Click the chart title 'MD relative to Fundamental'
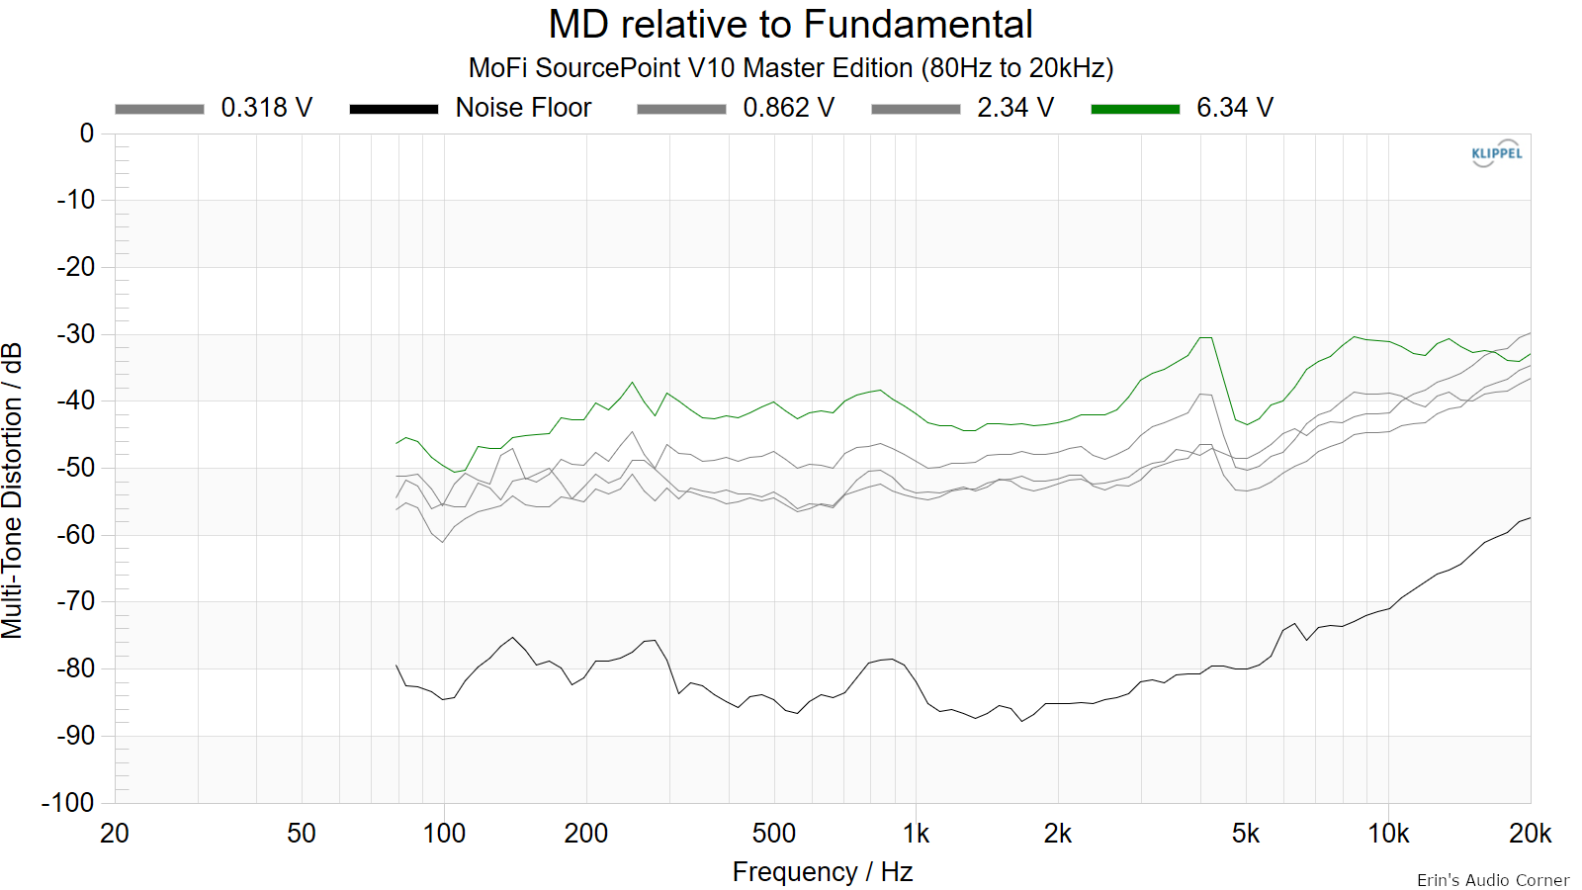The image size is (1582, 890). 790,24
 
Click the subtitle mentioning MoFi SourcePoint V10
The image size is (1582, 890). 790,68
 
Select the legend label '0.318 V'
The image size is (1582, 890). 266,108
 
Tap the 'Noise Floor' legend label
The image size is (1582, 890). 523,108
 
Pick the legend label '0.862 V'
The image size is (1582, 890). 788,108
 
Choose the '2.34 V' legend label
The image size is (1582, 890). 1014,108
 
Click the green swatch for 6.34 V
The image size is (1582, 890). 1135,109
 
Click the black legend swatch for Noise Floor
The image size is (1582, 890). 395,109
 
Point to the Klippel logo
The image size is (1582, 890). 1496,153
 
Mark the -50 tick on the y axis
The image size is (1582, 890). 75,468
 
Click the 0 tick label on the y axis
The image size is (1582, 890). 87,133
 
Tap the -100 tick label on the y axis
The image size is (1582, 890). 68,802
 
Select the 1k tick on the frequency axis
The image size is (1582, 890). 916,834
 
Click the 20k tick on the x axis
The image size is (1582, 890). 1530,834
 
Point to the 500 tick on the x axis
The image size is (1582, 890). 774,834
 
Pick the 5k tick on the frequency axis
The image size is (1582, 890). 1246,834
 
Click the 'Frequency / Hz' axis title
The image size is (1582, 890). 822,872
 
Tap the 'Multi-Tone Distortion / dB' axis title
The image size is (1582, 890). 13,490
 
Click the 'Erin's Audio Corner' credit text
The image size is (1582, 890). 1493,880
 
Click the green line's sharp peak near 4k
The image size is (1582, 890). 1205,337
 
